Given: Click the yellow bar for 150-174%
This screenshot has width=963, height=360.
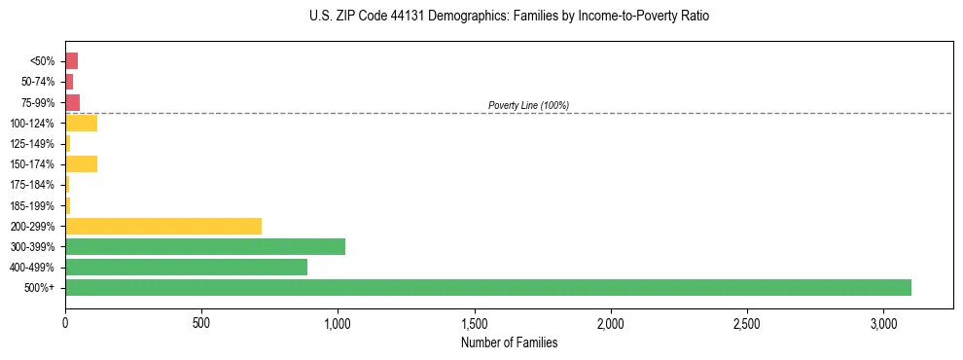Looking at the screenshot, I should pyautogui.click(x=81, y=163).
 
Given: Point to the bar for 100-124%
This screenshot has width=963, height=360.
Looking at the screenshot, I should pyautogui.click(x=81, y=123).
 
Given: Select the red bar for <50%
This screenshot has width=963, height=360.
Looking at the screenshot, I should pyautogui.click(x=71, y=61).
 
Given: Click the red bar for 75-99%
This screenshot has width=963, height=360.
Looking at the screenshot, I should pyautogui.click(x=72, y=102).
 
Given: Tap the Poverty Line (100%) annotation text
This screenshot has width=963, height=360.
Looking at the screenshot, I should pyautogui.click(x=528, y=105).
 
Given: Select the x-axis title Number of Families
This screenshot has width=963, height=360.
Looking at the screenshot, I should pyautogui.click(x=510, y=342).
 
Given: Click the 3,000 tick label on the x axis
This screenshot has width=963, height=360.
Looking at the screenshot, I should pyautogui.click(x=883, y=322).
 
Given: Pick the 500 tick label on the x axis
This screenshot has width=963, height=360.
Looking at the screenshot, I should pyautogui.click(x=201, y=322).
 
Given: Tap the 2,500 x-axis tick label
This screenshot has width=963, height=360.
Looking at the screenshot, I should pyautogui.click(x=747, y=322).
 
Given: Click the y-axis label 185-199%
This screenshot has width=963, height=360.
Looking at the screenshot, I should pyautogui.click(x=32, y=205).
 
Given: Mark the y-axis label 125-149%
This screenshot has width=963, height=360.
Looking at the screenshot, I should pyautogui.click(x=32, y=144).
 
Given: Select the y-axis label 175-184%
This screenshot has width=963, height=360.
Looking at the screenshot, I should pyautogui.click(x=32, y=185).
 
